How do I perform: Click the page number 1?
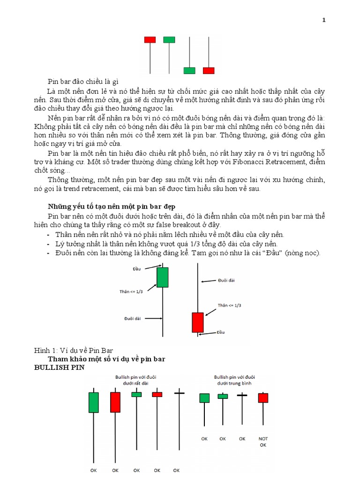pos(324,20)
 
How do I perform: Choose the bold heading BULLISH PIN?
pos(59,368)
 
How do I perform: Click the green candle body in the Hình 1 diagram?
pos(162,277)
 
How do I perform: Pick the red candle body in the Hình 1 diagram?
pos(198,322)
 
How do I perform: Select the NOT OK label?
pos(263,442)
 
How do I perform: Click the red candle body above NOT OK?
pos(263,397)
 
